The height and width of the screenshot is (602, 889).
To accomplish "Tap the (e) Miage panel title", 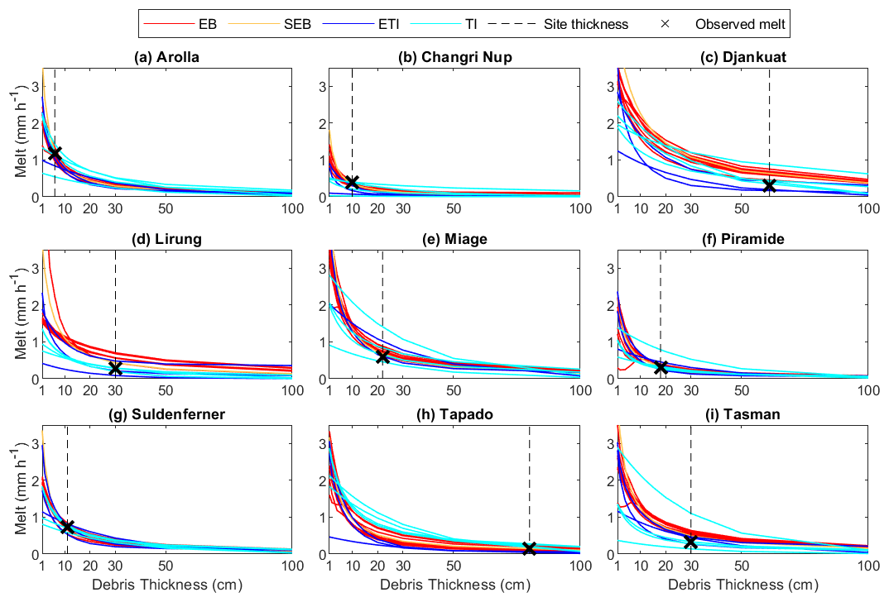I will pos(454,239).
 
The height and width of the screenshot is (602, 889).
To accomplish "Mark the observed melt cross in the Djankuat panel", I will pos(769,186).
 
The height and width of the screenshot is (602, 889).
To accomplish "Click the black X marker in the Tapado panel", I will pos(530,548).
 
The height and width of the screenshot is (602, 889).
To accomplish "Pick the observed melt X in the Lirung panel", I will pos(115,368).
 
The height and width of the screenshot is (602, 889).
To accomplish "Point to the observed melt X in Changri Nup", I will pos(352,182).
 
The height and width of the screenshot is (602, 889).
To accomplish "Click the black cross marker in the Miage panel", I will pos(382,356).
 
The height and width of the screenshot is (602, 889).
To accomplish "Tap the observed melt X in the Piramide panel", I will pos(661,367).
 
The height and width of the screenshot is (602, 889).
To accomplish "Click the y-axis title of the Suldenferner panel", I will pos(21,494).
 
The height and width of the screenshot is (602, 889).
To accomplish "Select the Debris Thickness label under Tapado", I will pos(454,585).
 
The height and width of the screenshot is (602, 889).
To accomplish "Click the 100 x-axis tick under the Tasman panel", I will pos(867,566).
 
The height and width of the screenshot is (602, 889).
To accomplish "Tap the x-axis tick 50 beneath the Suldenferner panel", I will pos(166,566).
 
